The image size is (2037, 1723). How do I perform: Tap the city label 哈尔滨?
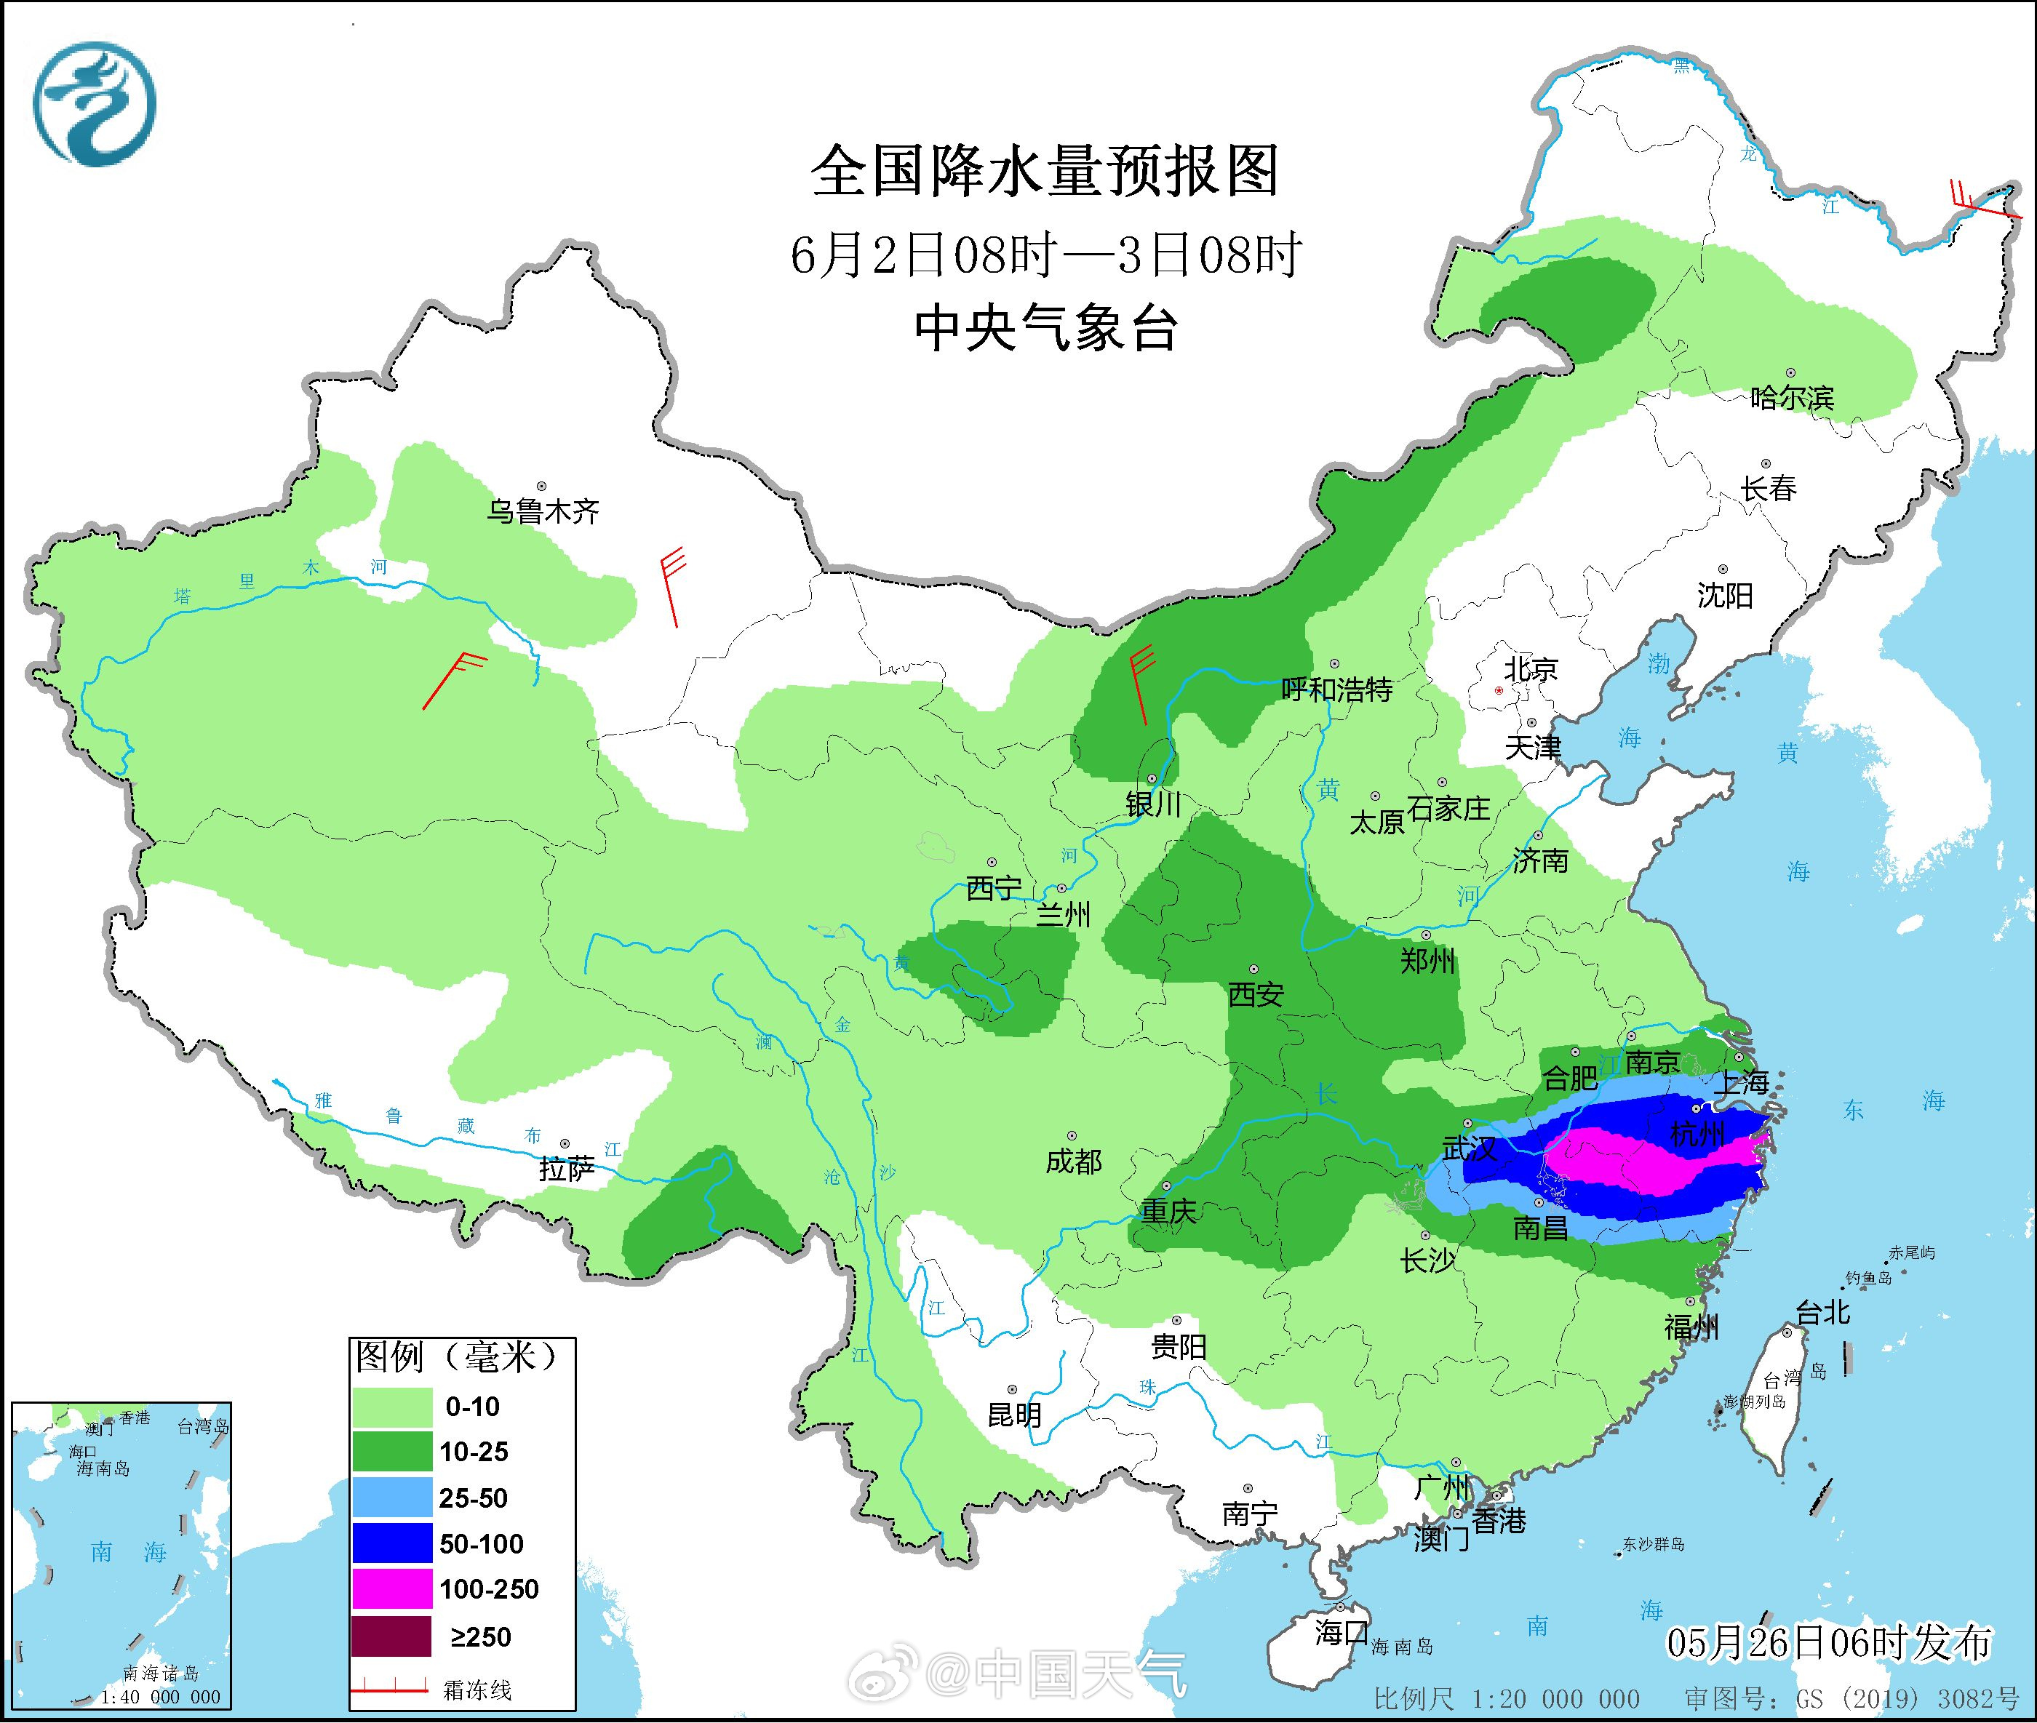pos(1791,399)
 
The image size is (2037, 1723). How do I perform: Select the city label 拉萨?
pos(566,1170)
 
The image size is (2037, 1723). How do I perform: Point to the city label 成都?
pos(1073,1162)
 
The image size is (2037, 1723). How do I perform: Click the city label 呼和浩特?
pos(1336,689)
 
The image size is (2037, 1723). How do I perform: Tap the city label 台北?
pos(1823,1312)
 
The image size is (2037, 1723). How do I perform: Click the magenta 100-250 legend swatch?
pos(391,1589)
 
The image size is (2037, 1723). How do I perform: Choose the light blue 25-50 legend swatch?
pos(391,1498)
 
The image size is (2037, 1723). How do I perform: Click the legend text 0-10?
pos(473,1407)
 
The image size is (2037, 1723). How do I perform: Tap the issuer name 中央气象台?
pos(1045,328)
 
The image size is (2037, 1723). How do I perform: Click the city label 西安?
pos(1256,994)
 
